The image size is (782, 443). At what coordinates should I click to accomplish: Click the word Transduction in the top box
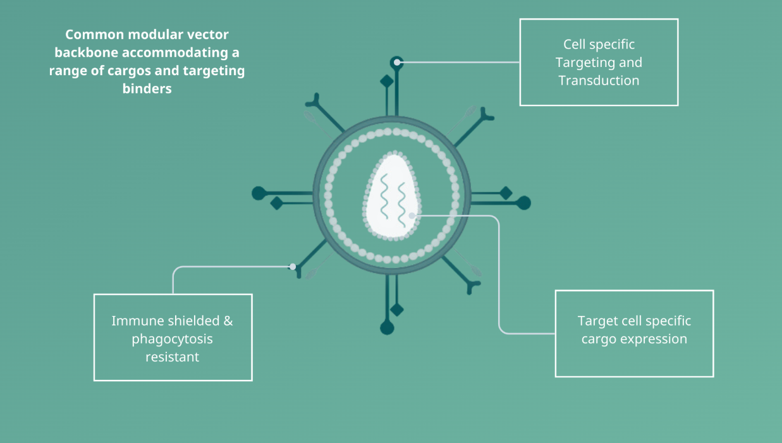point(599,81)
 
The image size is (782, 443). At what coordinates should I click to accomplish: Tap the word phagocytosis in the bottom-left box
point(172,339)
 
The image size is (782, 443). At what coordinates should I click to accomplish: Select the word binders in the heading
point(147,88)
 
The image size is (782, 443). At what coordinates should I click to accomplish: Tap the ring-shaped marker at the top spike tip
point(396,62)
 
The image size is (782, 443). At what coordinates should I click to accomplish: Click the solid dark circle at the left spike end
point(258,193)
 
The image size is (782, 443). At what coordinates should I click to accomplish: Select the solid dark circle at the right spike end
point(523,203)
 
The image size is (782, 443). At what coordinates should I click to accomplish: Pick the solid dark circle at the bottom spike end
point(387,328)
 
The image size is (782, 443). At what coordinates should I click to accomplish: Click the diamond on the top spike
point(386,82)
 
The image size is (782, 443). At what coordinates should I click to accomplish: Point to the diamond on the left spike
point(276,203)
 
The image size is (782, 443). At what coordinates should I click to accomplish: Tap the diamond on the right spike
point(506,193)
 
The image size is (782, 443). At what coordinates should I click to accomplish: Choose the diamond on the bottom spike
point(396,310)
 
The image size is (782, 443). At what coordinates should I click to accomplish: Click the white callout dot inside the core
point(412,215)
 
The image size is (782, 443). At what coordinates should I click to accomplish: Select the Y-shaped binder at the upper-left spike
point(314,102)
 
